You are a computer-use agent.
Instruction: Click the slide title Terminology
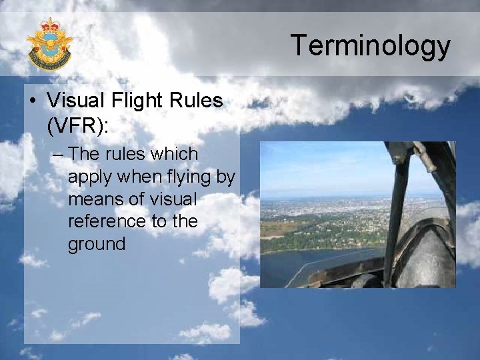coord(370,45)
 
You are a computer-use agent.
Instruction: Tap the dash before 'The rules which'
coord(57,155)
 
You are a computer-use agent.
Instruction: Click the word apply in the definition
coord(85,177)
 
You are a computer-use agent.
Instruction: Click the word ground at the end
coord(96,244)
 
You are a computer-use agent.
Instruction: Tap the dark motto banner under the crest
coord(50,64)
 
